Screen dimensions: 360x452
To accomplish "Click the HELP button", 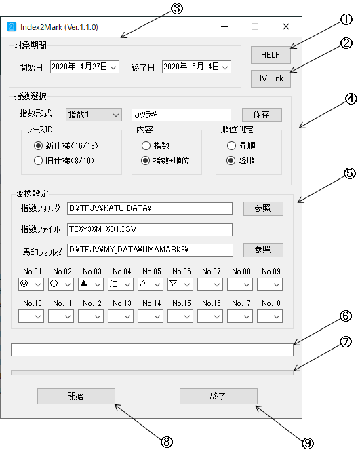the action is [271, 55].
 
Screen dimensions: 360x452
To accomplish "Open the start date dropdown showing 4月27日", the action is [84, 67].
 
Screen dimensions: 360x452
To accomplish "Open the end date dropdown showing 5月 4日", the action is [196, 67].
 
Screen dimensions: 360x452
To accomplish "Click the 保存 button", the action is [262, 115].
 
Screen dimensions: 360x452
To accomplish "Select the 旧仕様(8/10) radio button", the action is [38, 161].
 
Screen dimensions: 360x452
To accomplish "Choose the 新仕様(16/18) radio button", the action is [38, 145].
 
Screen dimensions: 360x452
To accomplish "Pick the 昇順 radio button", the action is [231, 145].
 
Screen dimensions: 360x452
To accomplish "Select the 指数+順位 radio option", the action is [146, 161].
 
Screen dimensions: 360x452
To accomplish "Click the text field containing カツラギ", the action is [181, 115].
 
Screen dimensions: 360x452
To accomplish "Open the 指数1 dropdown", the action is [94, 115].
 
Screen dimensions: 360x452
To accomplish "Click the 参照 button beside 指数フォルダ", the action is [263, 208].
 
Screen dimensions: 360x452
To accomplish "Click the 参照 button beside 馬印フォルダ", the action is [263, 250].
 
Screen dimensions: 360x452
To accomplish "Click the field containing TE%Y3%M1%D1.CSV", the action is [150, 229].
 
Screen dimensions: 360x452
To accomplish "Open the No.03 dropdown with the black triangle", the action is [91, 284].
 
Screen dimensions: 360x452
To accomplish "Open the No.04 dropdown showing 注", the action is [121, 284].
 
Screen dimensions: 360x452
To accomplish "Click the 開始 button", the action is [76, 396].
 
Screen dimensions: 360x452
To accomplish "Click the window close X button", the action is [286, 26].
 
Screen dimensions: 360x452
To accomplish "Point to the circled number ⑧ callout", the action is [167, 442].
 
